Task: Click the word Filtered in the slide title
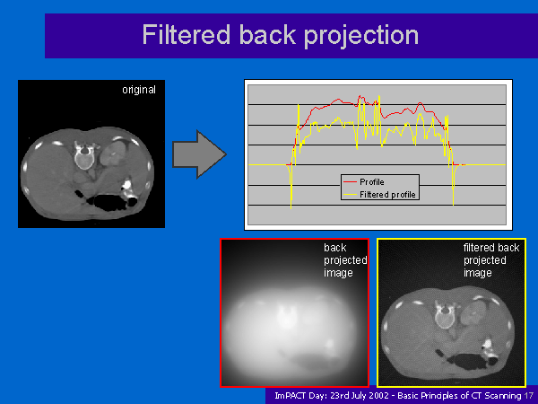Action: [x=186, y=34]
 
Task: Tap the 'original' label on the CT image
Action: [x=139, y=90]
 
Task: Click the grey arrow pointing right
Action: [x=199, y=154]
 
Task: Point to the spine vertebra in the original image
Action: [x=84, y=155]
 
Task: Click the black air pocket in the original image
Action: [x=109, y=202]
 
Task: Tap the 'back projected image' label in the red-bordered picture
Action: [x=345, y=260]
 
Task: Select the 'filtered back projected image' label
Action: [x=491, y=260]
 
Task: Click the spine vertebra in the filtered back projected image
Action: [x=445, y=315]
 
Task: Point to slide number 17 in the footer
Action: [x=529, y=396]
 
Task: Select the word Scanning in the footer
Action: [x=503, y=396]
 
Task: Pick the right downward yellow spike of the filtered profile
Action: [x=453, y=186]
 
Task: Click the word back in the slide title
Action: [x=267, y=34]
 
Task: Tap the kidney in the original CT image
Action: [x=113, y=154]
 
